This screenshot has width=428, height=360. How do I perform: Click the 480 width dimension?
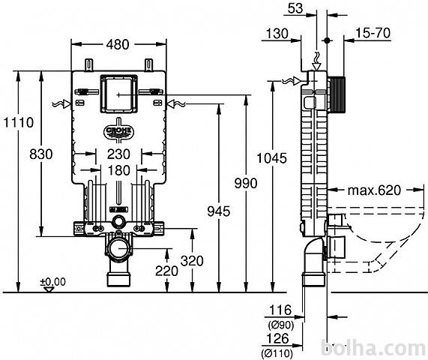pos(118,44)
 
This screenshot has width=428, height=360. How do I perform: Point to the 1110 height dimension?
pos(19,122)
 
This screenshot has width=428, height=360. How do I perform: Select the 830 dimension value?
pos(41,154)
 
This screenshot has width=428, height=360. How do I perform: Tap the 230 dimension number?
pos(118,154)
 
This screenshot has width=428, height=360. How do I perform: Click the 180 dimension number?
pos(119,171)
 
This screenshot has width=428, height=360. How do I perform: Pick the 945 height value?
pos(219,211)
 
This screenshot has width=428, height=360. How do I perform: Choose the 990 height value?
pos(246,183)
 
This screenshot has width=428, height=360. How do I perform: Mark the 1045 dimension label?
pos(272,158)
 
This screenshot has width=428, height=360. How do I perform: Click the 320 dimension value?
pos(192,261)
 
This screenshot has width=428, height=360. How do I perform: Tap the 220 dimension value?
pos(166,271)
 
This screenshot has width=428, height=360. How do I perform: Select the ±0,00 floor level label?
pos(53,282)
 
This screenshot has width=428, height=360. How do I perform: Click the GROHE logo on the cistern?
pos(118,132)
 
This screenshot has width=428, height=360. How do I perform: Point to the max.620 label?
pos(374,190)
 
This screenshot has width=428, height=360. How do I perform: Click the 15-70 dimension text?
pos(373,33)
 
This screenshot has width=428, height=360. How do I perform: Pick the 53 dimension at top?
pos(295,8)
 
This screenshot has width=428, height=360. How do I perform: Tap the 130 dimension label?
pos(277,34)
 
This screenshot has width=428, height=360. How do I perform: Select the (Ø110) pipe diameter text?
pos(277,354)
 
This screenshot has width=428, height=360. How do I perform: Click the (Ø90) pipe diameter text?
pos(281,325)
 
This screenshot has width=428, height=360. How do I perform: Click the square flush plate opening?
pos(118,94)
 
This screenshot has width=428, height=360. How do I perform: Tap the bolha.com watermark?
pos(373,348)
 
